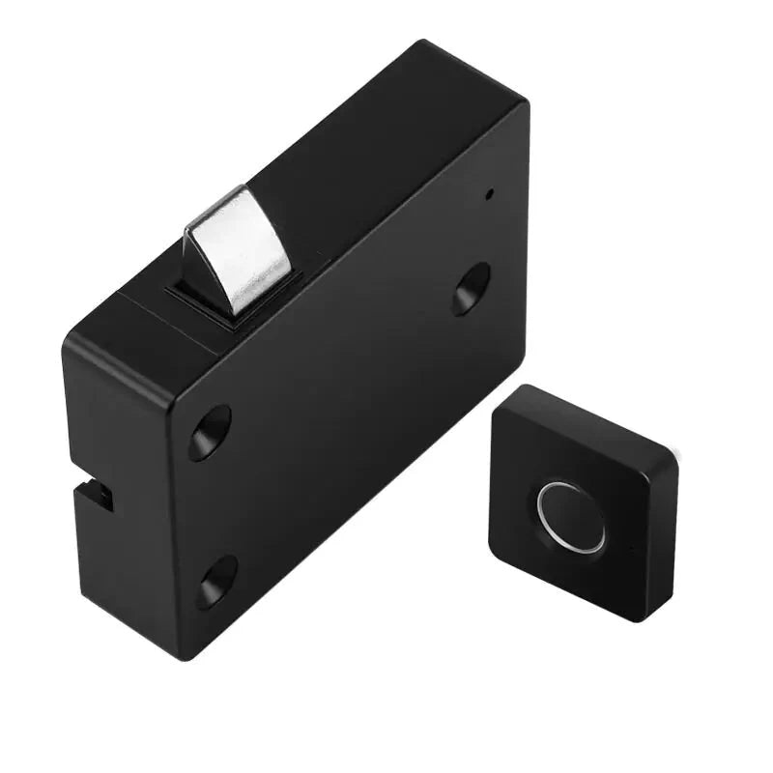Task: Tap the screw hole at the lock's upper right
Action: (x=471, y=288)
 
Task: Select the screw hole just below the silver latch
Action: (x=210, y=431)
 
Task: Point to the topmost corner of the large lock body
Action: (x=423, y=43)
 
